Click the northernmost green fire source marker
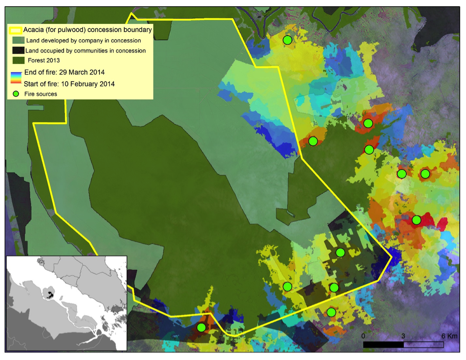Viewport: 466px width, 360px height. pos(287,40)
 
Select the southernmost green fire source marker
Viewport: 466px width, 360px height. pos(201,328)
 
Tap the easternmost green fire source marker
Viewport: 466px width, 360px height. pos(425,174)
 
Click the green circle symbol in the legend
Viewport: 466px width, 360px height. pos(15,94)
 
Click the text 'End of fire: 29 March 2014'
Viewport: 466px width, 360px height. pos(64,73)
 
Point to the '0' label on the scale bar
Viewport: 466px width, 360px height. pos(363,336)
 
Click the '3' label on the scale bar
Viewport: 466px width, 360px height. pos(403,336)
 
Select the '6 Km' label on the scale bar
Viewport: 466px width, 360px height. pos(449,336)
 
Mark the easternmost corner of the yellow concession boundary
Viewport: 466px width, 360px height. pos(392,258)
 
